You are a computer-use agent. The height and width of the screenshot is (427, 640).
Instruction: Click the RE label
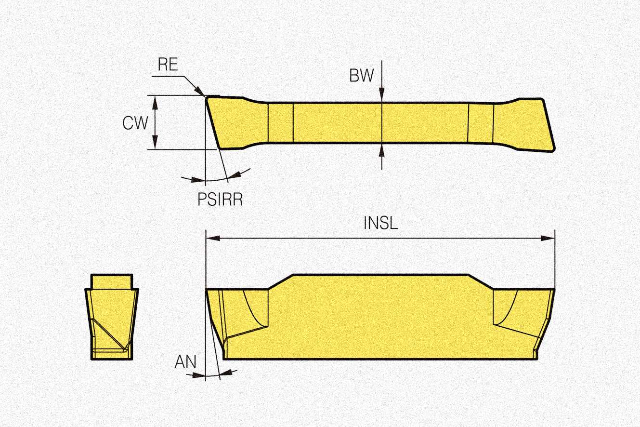[x=168, y=66]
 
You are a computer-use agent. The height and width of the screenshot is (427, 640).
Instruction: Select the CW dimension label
[x=135, y=123]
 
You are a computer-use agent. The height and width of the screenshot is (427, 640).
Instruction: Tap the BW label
[x=362, y=76]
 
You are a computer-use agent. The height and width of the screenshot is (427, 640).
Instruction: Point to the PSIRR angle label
[x=220, y=199]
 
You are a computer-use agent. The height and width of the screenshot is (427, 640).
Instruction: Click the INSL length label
[x=381, y=224]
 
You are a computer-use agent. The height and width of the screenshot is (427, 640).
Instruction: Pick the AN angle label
[x=185, y=362]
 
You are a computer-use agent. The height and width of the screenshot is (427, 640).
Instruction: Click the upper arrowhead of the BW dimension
[x=382, y=96]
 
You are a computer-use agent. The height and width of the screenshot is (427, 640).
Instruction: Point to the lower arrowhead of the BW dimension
[x=382, y=149]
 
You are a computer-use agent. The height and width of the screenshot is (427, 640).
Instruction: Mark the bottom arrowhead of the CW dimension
[x=155, y=144]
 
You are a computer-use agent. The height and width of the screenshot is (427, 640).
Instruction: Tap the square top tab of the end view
[x=112, y=281]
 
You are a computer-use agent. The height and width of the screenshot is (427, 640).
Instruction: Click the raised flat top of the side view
[x=380, y=276]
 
